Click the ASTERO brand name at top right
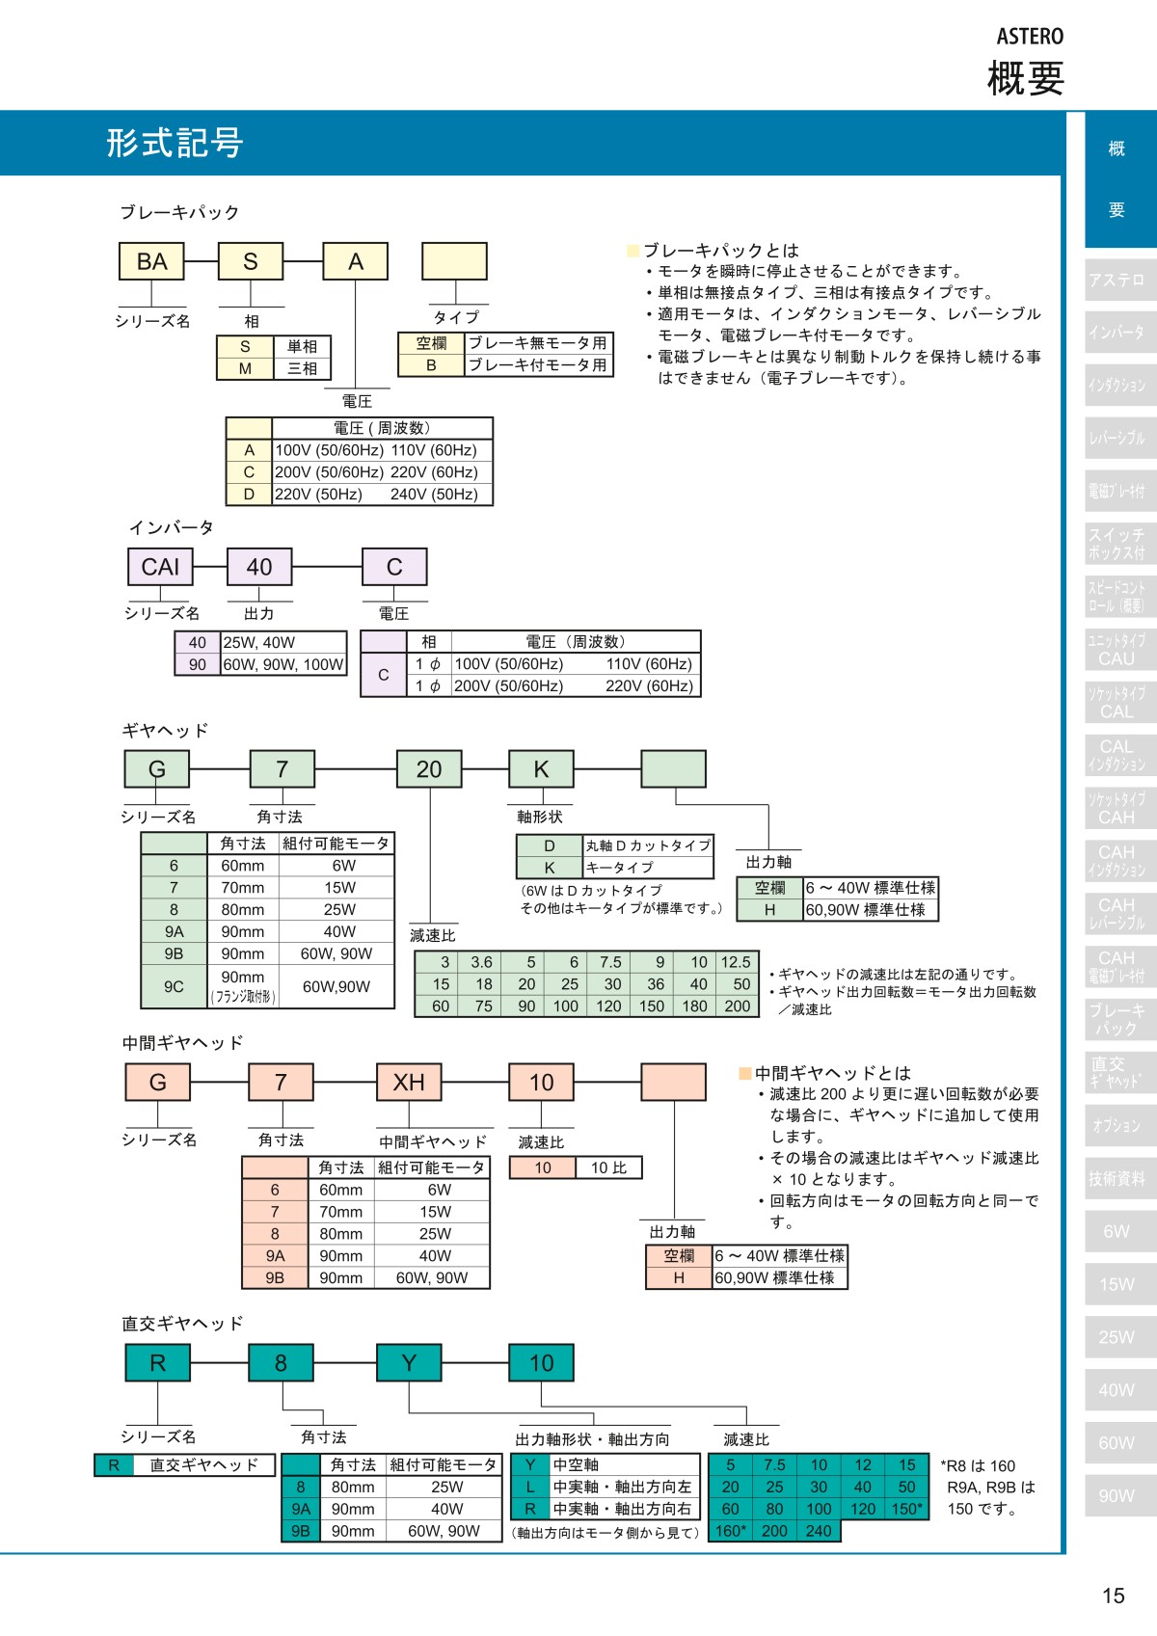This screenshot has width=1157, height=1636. click(1030, 37)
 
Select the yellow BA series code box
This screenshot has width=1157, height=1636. click(151, 261)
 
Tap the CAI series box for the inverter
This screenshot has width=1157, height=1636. click(160, 567)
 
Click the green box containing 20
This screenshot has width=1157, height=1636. click(429, 769)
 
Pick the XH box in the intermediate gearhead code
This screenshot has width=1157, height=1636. click(409, 1083)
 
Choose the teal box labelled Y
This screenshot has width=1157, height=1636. click(409, 1363)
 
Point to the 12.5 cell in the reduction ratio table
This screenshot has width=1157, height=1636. click(736, 962)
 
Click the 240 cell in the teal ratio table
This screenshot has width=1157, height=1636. click(819, 1531)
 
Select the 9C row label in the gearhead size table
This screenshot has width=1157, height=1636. click(174, 986)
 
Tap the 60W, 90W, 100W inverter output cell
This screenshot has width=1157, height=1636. click(283, 664)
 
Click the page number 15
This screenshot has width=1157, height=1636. click(1113, 1596)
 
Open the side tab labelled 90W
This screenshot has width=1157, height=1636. click(1117, 1496)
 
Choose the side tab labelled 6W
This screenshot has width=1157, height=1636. click(1117, 1231)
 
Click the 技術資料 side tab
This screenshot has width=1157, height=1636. click(1117, 1178)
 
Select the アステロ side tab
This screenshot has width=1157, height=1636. click(1117, 280)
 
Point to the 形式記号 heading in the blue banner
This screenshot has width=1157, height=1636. click(175, 143)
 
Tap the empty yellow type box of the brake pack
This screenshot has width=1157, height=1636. click(454, 261)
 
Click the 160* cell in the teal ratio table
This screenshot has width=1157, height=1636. click(731, 1531)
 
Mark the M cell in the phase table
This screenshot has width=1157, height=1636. click(245, 368)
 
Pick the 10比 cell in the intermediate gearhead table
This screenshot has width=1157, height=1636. click(608, 1167)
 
